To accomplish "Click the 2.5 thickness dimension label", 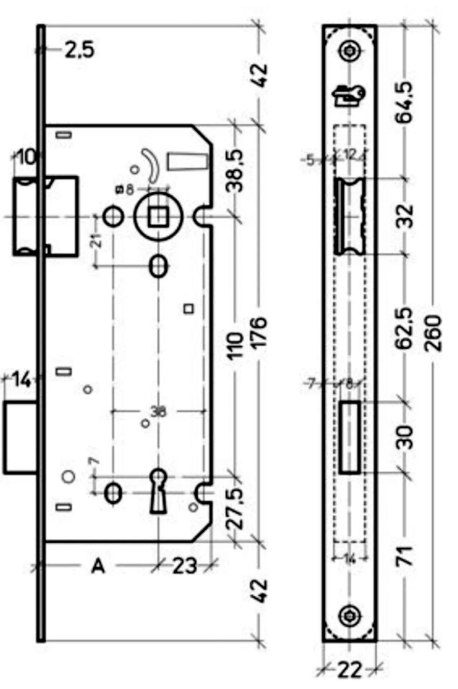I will (x=79, y=50).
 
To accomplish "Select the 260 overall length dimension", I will (x=433, y=333).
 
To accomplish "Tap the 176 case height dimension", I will (x=259, y=332).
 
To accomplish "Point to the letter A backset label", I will (x=98, y=566).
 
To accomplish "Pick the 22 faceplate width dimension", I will (x=349, y=670).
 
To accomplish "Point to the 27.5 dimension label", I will (x=235, y=509).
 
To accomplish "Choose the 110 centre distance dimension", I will (x=235, y=346).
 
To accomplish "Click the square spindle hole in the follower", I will (x=158, y=217).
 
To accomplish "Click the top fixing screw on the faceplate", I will (x=349, y=51).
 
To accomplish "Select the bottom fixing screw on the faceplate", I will (x=349, y=616).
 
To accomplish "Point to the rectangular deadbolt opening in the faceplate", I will (x=350, y=437).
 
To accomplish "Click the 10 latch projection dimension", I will (x=26, y=157).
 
